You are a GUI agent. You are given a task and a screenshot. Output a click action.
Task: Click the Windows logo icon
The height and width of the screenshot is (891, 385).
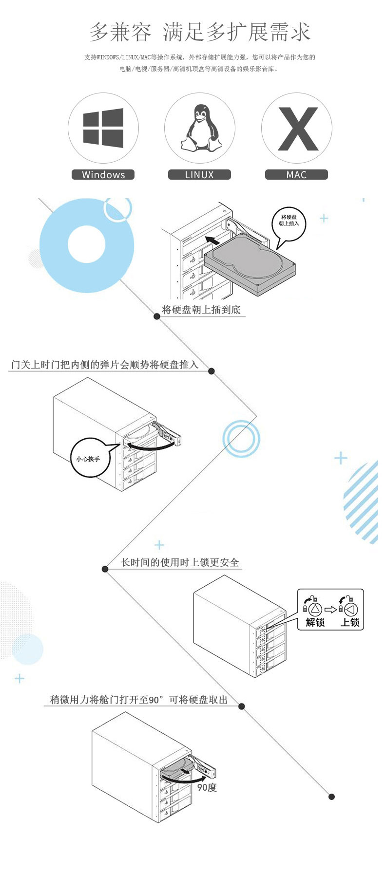click(103, 128)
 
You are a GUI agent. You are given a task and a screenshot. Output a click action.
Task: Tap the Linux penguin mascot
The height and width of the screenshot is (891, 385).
click(200, 128)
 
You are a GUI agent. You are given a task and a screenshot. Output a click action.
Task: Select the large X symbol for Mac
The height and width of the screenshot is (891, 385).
click(297, 129)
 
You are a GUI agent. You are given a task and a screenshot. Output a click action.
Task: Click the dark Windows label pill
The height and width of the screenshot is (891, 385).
click(103, 175)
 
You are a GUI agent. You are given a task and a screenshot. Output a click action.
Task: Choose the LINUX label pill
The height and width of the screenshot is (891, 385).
click(199, 175)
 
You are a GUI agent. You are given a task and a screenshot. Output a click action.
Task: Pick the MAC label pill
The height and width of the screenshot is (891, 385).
click(296, 175)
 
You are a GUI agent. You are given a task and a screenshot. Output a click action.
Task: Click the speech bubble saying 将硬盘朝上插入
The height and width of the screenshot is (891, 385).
click(289, 221)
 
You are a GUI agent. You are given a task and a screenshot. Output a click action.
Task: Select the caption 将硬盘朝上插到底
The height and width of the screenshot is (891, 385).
click(201, 310)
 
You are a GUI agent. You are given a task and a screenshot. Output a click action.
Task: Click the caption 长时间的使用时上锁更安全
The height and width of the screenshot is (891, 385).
click(180, 562)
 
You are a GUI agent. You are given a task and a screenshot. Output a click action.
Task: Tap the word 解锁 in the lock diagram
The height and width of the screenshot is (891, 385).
click(315, 622)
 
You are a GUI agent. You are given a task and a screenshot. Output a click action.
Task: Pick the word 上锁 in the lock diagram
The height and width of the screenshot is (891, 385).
click(349, 622)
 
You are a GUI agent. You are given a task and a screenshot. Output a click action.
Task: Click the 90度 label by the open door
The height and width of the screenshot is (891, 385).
click(207, 787)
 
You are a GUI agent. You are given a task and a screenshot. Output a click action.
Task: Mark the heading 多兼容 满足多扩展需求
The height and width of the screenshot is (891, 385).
click(200, 32)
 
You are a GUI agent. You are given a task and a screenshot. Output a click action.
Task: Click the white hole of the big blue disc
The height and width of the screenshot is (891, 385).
click(87, 244)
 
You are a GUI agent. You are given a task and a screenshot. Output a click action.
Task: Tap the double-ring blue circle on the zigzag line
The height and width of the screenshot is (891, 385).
click(241, 438)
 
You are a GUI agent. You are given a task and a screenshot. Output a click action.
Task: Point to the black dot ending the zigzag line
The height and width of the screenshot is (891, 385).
click(331, 797)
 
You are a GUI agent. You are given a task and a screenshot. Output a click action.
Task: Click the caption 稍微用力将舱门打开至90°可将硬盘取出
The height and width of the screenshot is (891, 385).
click(139, 700)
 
